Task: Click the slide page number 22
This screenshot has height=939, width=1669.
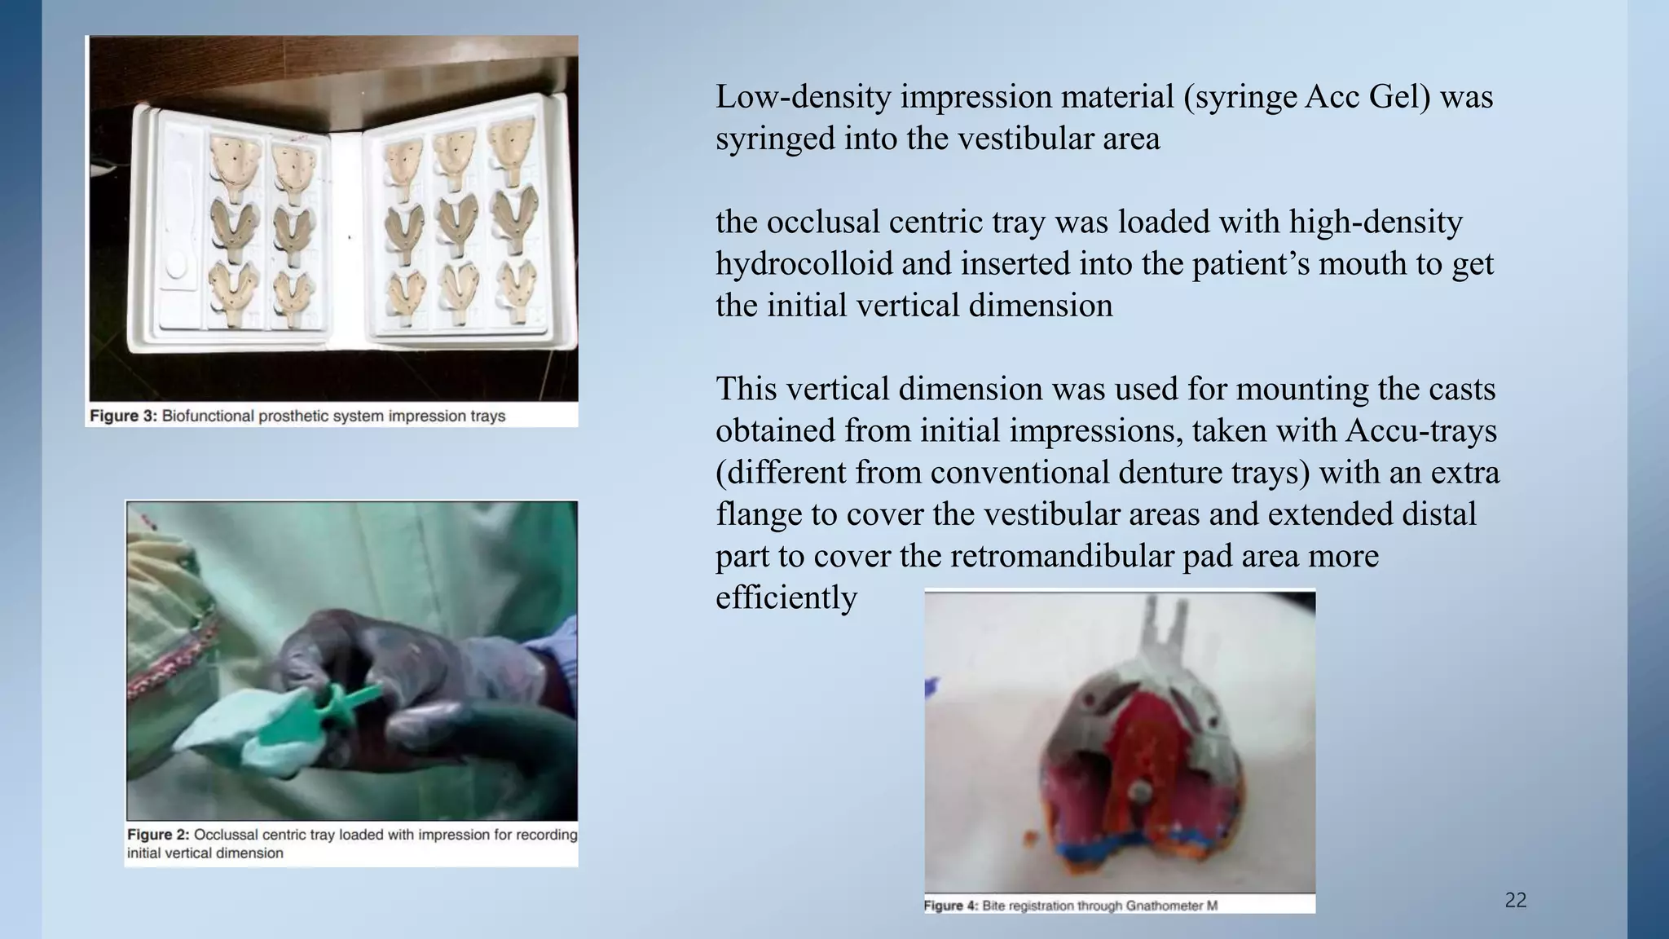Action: (x=1515, y=900)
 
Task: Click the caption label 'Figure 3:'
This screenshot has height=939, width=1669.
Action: (x=122, y=416)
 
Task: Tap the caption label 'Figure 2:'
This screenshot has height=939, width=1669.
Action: (x=158, y=835)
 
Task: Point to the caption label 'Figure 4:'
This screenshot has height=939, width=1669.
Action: (x=950, y=906)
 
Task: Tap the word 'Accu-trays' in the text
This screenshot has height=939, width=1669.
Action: (x=1421, y=430)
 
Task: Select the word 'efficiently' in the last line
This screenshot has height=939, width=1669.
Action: (x=786, y=597)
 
